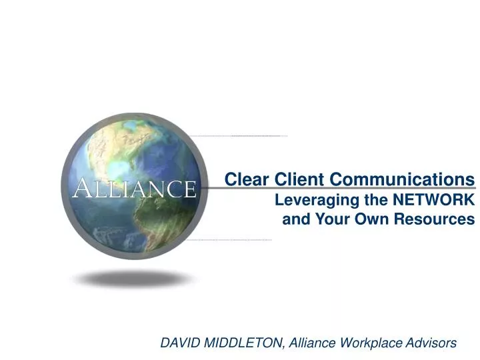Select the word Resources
(x=437, y=218)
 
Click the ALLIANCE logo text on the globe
(x=134, y=189)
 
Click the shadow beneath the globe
(x=133, y=277)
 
